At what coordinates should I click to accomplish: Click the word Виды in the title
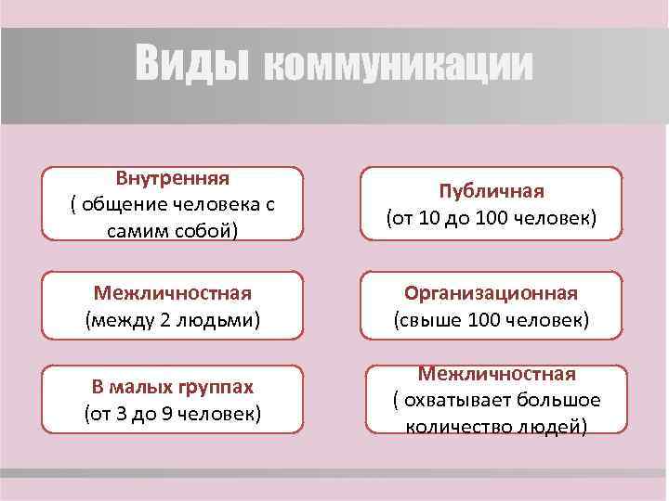coord(192,63)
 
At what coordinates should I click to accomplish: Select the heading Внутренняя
coord(173,176)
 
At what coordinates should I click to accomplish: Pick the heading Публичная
coord(492,191)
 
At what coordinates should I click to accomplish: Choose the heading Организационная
coord(492,293)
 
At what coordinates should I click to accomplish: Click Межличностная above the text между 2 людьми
coord(173,293)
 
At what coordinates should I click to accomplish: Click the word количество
coord(451,427)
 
